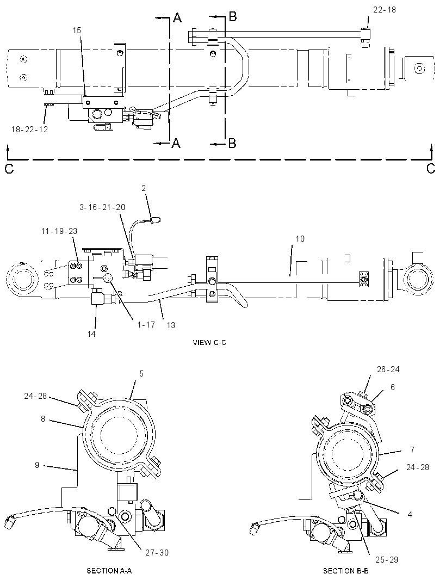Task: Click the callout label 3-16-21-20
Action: click(102, 207)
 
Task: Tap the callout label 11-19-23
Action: click(59, 231)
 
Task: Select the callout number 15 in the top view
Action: click(77, 30)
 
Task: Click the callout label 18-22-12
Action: click(29, 129)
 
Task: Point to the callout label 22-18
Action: click(385, 10)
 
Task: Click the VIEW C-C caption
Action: click(209, 343)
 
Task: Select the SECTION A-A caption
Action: click(109, 571)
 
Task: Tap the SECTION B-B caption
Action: click(346, 571)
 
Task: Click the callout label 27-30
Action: click(157, 553)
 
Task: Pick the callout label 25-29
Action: click(387, 560)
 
